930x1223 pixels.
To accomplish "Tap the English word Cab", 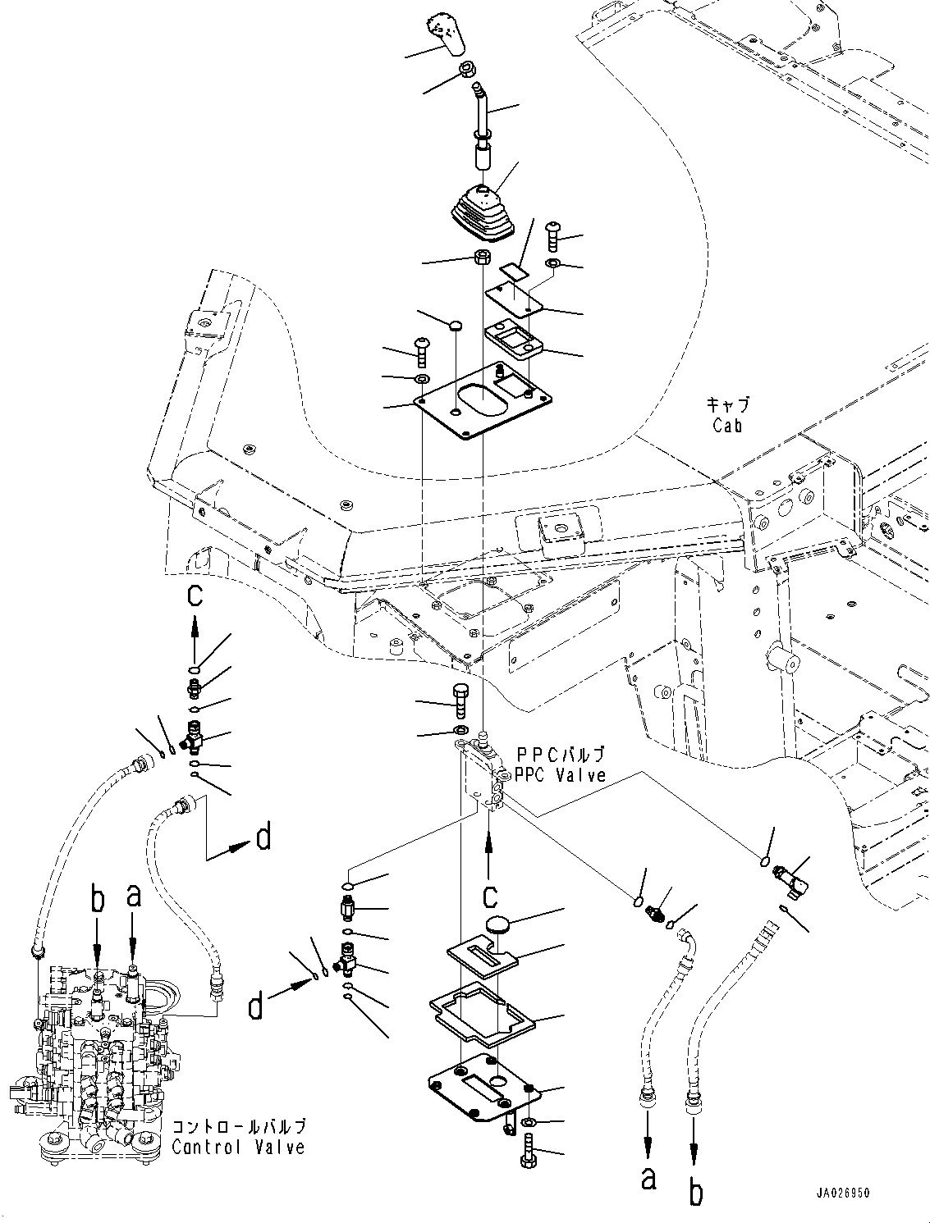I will pyautogui.click(x=728, y=425).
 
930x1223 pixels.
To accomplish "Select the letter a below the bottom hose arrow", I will pyautogui.click(x=648, y=1179).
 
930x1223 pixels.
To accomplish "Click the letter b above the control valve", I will pyautogui.click(x=98, y=899).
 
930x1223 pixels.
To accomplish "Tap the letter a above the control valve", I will pyautogui.click(x=134, y=896).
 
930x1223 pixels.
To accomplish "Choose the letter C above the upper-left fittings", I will pyautogui.click(x=195, y=596).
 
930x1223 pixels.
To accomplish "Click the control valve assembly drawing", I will pyautogui.click(x=98, y=1058).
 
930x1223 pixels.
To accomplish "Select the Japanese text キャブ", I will pyautogui.click(x=727, y=405).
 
